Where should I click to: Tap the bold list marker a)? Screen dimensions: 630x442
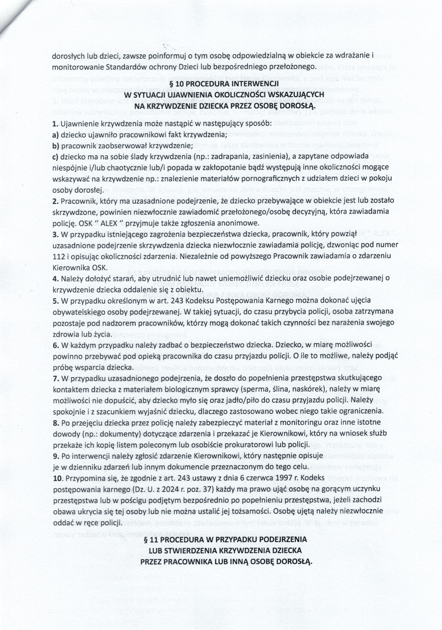point(56,135)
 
